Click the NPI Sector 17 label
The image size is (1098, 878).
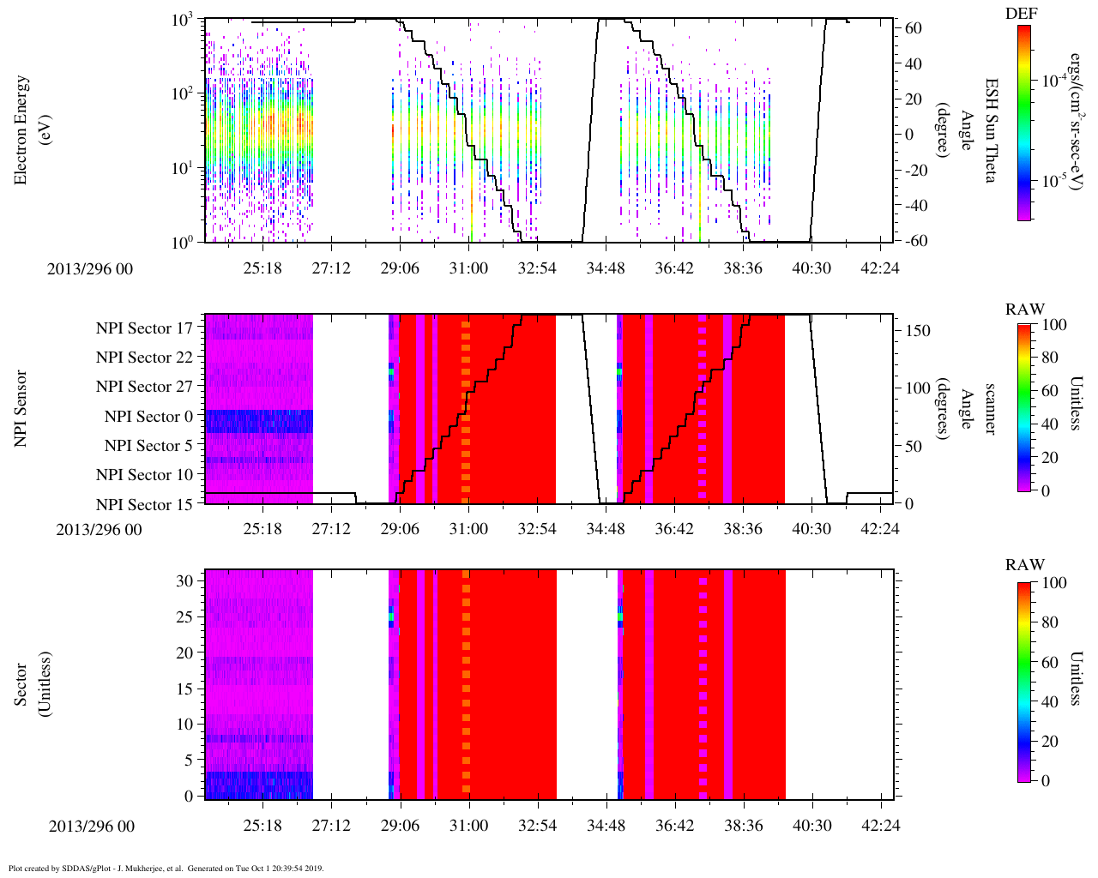coord(144,328)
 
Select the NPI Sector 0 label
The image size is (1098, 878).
coord(148,417)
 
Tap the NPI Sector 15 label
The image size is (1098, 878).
coord(144,505)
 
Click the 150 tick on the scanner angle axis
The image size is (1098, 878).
coord(918,331)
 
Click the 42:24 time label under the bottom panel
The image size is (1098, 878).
coord(880,826)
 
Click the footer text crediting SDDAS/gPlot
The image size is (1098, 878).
coord(166,868)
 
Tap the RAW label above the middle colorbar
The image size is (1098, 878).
coord(1025,309)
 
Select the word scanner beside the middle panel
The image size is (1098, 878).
coord(990,408)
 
